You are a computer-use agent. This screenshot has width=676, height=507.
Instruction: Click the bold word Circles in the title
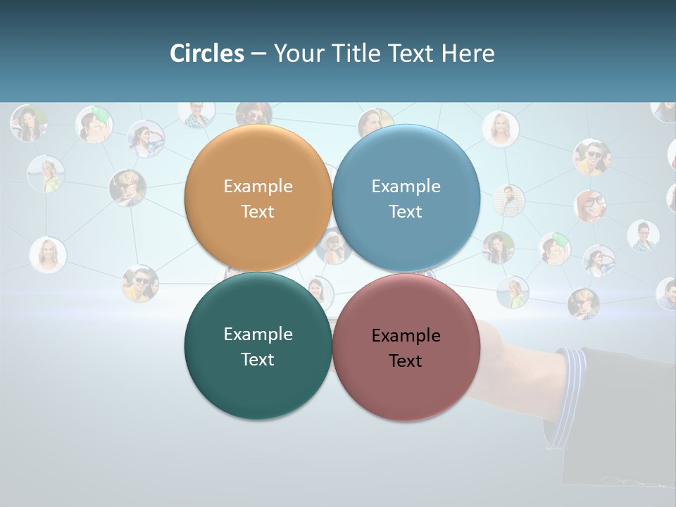point(207,54)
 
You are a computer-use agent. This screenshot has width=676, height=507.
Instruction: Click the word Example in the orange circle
point(258,187)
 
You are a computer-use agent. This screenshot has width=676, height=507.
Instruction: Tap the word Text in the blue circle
point(406,212)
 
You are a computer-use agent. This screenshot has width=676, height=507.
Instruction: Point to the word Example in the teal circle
point(258,334)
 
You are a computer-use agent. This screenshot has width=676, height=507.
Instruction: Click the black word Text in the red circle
point(406,361)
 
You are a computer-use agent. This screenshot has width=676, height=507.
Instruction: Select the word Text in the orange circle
point(258,212)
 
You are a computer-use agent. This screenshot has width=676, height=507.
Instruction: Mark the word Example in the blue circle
point(406,187)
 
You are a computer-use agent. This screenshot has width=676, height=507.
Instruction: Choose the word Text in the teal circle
point(258,360)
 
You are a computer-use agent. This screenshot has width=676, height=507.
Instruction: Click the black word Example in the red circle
point(406,336)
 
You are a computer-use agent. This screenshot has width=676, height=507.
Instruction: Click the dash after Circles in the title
point(258,54)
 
